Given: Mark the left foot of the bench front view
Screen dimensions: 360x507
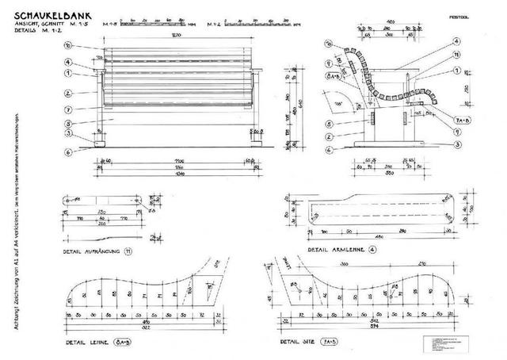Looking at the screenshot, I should point(102,144).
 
